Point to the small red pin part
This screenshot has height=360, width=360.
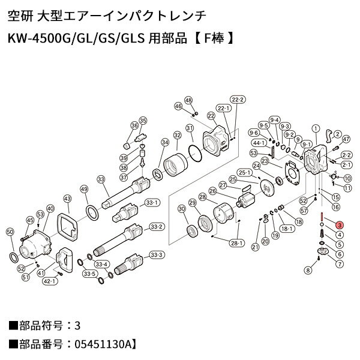[x=322, y=216]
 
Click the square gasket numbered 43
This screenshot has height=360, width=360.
[x=68, y=229]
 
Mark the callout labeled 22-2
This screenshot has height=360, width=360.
[x=238, y=100]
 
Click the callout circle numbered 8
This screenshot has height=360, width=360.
[x=308, y=271]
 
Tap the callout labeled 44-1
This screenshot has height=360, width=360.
[x=259, y=143]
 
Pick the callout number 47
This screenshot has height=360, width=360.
[x=346, y=139]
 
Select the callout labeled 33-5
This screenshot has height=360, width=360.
[x=89, y=274]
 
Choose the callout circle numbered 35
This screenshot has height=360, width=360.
[x=143, y=121]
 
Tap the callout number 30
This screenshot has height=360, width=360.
[x=181, y=208]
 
